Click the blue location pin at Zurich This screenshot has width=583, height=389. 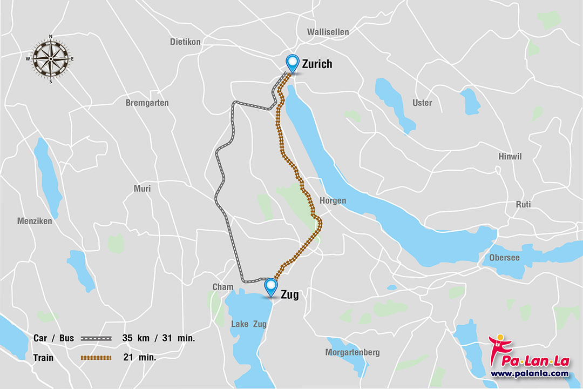[x=293, y=63]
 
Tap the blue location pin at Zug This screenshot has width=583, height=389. [x=271, y=287]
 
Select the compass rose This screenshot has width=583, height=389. [x=51, y=59]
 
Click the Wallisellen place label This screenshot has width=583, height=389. [x=328, y=32]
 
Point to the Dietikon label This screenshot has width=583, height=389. [x=185, y=42]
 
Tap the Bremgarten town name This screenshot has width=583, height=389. [x=147, y=103]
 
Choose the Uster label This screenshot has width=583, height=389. [x=422, y=103]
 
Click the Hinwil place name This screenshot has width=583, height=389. [x=510, y=156]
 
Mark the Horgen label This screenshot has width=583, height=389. [x=333, y=200]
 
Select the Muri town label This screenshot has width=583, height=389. [x=142, y=189]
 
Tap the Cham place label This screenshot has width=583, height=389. [x=223, y=287]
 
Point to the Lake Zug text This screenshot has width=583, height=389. [x=248, y=324]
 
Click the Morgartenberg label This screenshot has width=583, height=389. [x=352, y=352]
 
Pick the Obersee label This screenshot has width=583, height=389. [x=504, y=258]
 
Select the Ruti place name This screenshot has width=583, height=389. [x=523, y=204]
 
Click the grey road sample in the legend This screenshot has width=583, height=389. [x=97, y=338]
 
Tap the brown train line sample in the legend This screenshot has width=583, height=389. [x=97, y=357]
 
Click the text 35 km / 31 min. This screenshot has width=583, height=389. [x=159, y=338]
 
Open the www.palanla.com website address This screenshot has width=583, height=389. [x=529, y=373]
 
